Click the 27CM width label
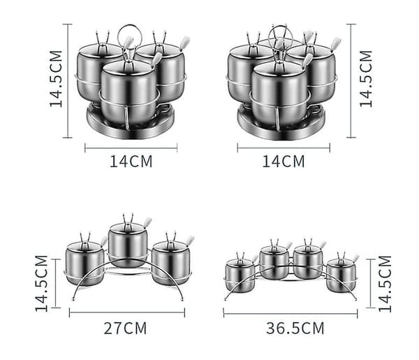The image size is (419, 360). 125,328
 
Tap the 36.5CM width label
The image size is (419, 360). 295,328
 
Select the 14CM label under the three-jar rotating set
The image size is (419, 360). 131,161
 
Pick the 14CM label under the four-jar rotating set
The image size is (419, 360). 284,161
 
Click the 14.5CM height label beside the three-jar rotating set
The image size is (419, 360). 56,78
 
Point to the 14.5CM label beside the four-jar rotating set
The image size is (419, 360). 365,78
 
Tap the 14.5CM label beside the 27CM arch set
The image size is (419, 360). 41,284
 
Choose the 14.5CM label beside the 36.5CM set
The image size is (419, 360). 385,284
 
